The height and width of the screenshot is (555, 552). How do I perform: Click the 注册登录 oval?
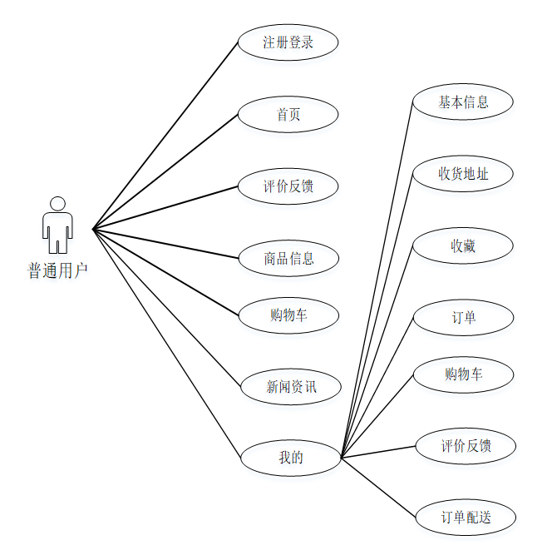[288, 42]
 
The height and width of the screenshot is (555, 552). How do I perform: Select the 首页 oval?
[288, 115]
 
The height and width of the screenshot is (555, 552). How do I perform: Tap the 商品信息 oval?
[288, 258]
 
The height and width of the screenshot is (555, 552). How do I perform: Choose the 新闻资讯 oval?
[291, 386]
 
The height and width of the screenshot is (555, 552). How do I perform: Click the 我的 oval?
[290, 457]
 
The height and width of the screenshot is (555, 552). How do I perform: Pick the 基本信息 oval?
[463, 102]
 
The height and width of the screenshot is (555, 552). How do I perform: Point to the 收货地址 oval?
[463, 174]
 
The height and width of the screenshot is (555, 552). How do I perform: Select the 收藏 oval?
[463, 246]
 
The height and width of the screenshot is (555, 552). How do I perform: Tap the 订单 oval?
[463, 318]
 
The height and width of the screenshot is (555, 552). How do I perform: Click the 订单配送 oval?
[466, 517]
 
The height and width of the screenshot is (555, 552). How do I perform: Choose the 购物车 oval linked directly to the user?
[288, 315]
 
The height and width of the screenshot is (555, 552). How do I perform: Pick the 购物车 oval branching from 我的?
[463, 374]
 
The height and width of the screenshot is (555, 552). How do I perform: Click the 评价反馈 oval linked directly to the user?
[288, 186]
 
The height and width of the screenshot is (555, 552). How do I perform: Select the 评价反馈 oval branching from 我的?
[466, 446]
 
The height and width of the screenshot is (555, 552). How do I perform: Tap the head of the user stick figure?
[57, 204]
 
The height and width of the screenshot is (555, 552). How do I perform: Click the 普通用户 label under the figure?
[57, 270]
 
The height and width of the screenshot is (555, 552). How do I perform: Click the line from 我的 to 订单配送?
[378, 487]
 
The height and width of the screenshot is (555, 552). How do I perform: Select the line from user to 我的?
[166, 342]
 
